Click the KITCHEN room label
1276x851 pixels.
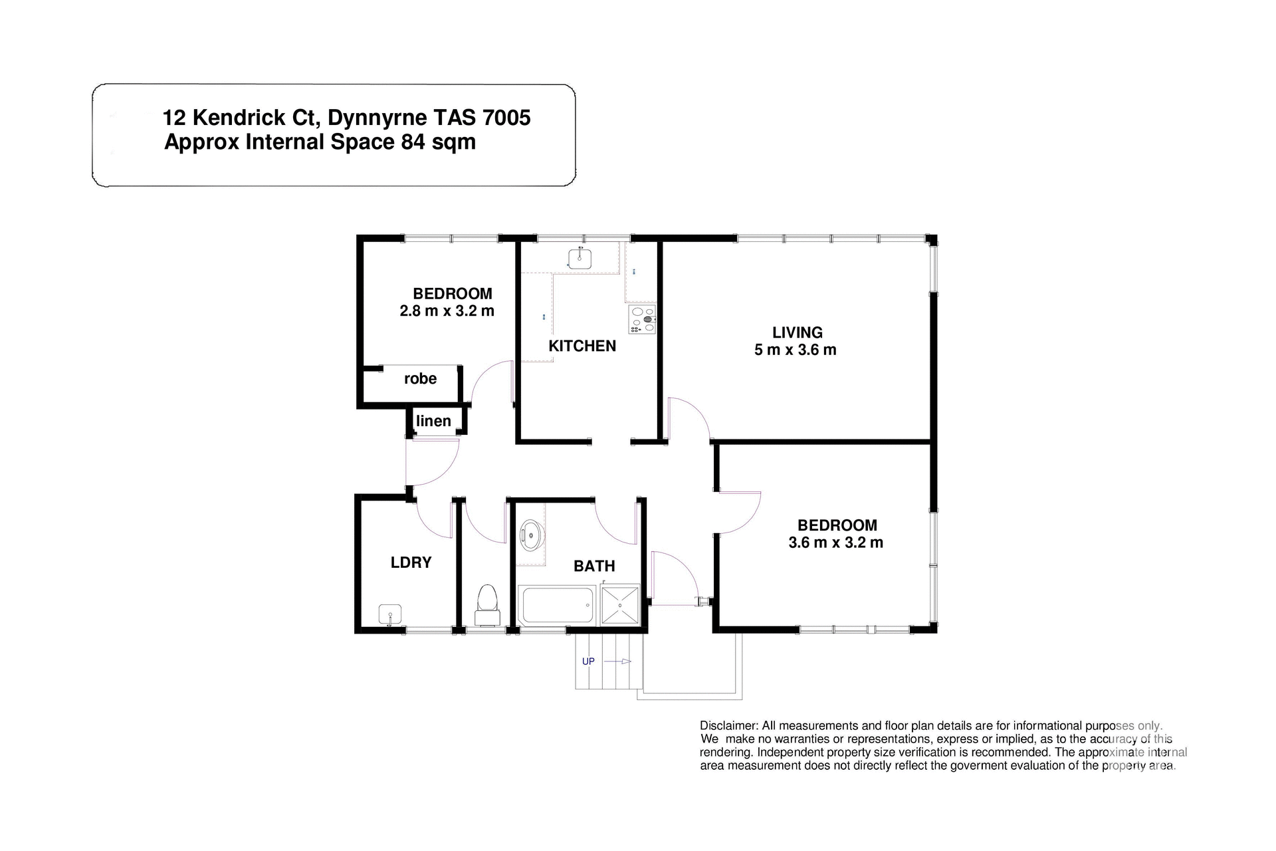pyautogui.click(x=582, y=346)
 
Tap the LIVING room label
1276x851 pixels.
pyautogui.click(x=797, y=332)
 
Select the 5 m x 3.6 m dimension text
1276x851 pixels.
pyautogui.click(x=795, y=350)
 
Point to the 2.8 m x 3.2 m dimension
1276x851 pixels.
pyautogui.click(x=447, y=310)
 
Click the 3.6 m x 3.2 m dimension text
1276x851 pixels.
pyautogui.click(x=835, y=543)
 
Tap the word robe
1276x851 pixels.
pyautogui.click(x=420, y=379)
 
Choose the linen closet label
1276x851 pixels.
pyautogui.click(x=433, y=421)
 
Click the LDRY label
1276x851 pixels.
pyautogui.click(x=411, y=562)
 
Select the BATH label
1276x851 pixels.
pyautogui.click(x=594, y=566)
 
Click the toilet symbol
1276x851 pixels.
pyautogui.click(x=488, y=605)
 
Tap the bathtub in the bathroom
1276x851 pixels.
pyautogui.click(x=556, y=605)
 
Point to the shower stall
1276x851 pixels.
pyautogui.click(x=620, y=605)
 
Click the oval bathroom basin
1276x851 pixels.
pyautogui.click(x=531, y=535)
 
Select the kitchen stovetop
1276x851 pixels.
pyautogui.click(x=642, y=319)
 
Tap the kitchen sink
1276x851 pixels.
pyautogui.click(x=580, y=258)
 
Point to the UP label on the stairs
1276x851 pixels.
pyautogui.click(x=588, y=662)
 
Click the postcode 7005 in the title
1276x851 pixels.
pyautogui.click(x=506, y=118)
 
